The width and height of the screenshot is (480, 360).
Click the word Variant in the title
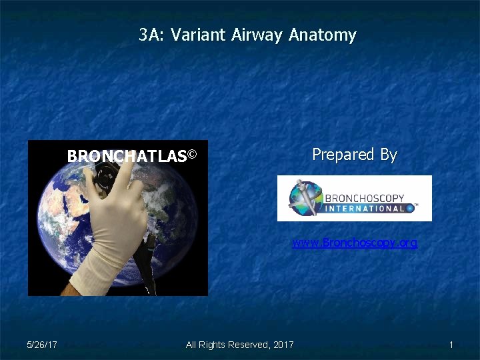click(199, 35)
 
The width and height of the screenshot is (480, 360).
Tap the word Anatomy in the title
click(323, 35)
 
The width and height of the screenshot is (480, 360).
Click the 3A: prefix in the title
click(152, 35)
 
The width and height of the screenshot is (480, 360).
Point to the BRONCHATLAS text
click(126, 157)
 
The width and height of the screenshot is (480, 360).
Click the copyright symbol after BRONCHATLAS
click(192, 155)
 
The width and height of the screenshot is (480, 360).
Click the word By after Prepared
click(389, 155)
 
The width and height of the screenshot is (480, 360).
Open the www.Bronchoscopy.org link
click(354, 243)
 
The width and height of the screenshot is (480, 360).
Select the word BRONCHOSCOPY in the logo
click(364, 197)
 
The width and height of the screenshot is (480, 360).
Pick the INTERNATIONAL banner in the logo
click(365, 208)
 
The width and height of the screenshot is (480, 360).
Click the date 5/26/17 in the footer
click(41, 345)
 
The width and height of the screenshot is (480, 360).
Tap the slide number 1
click(451, 345)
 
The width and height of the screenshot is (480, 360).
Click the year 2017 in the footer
click(283, 345)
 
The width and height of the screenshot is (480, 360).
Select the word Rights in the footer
click(212, 345)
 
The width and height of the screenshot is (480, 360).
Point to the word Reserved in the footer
click(249, 345)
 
